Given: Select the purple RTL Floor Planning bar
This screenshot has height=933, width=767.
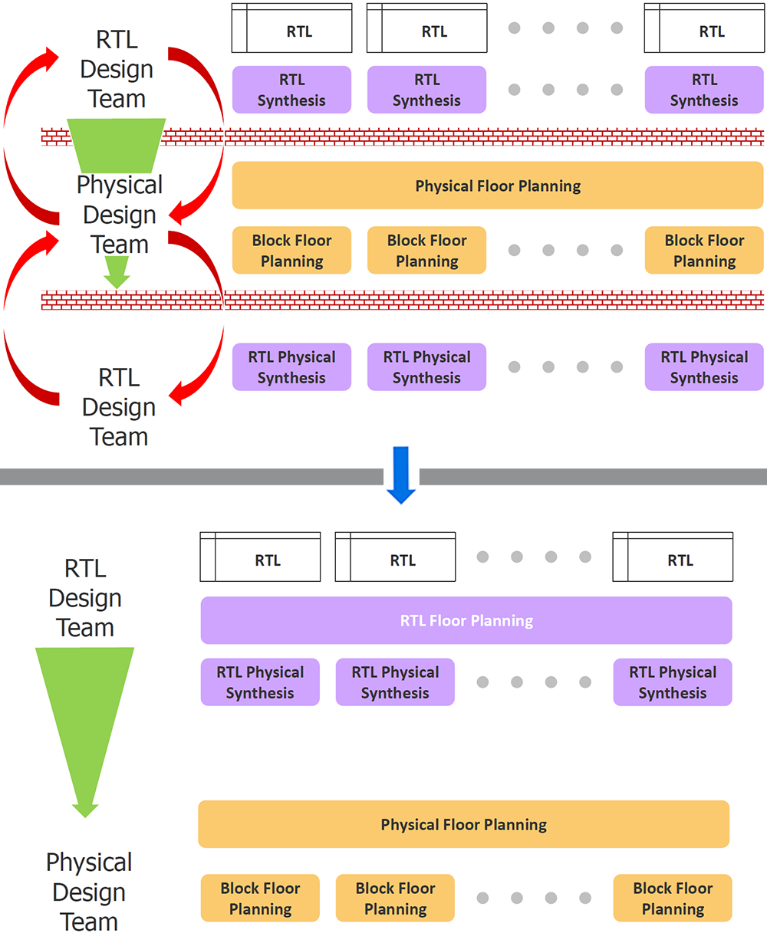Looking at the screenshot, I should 466,621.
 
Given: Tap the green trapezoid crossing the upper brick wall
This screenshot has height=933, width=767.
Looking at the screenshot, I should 117,144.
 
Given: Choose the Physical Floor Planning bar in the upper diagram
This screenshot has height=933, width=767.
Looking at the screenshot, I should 498,186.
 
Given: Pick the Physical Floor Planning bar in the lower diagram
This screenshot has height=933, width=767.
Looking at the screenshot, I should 463,825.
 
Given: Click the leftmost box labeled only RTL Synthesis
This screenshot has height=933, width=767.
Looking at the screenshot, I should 291,90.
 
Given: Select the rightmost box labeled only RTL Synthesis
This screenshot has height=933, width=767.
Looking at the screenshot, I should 704,90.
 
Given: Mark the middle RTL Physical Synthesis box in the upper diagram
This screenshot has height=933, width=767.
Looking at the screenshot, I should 426,367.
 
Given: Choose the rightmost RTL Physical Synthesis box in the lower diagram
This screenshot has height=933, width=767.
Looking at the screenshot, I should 673,682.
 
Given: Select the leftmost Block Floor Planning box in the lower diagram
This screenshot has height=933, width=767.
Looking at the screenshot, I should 260,899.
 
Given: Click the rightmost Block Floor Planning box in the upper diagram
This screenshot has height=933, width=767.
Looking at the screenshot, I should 704,251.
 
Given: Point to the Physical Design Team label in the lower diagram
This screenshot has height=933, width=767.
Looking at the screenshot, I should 89,892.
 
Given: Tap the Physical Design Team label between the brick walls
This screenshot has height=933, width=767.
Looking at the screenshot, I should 120,215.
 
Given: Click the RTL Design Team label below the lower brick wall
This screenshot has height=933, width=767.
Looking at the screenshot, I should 119,407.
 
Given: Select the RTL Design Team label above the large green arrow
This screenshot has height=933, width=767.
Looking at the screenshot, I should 85,598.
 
